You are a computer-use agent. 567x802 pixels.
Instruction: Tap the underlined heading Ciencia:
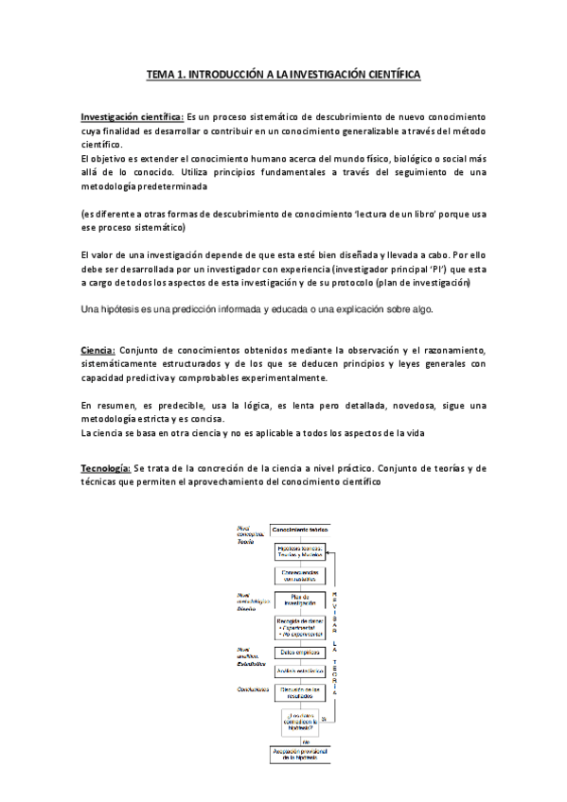tap(97, 350)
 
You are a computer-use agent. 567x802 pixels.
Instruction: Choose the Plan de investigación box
tap(300, 601)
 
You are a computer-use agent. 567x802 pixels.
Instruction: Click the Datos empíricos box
tap(300, 652)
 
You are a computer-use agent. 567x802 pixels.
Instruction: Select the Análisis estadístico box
tap(300, 671)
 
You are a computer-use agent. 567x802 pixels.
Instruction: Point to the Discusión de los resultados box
tap(300, 693)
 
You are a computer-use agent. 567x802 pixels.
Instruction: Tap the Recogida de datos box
tap(300, 625)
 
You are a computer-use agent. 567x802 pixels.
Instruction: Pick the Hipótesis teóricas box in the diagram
tap(300, 551)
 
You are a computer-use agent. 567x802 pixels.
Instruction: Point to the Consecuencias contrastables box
tap(300, 575)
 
